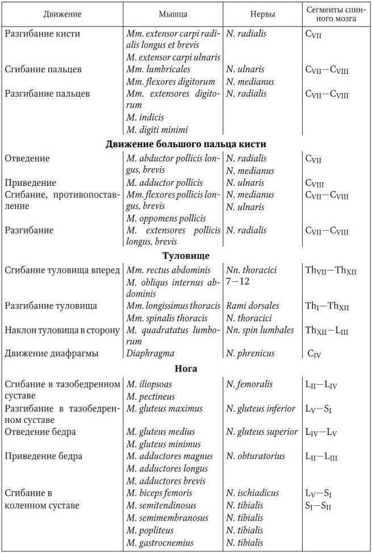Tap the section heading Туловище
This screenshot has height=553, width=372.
pyautogui.click(x=186, y=255)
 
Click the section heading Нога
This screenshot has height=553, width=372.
pyautogui.click(x=186, y=369)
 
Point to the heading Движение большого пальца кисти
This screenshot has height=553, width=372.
pyautogui.click(x=186, y=144)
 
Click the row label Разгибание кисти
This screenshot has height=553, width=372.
pyautogui.click(x=43, y=34)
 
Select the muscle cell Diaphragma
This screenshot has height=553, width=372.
pyautogui.click(x=151, y=353)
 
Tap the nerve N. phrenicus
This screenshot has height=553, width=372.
pyautogui.click(x=250, y=353)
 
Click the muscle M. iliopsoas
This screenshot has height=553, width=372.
pyautogui.click(x=152, y=384)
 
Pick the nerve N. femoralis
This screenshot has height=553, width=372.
pyautogui.click(x=249, y=384)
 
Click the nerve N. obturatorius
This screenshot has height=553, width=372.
pyautogui.click(x=254, y=456)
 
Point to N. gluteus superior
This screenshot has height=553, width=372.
pyautogui.click(x=262, y=432)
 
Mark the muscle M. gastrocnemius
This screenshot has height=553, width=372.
pyautogui.click(x=160, y=543)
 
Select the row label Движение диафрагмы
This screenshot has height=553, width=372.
pyautogui.click(x=52, y=353)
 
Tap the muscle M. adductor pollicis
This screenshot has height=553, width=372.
pyautogui.click(x=165, y=183)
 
